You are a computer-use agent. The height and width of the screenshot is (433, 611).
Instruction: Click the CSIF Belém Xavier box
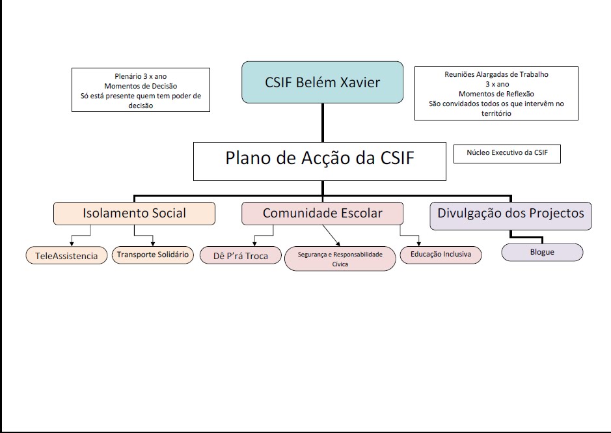pyautogui.click(x=322, y=82)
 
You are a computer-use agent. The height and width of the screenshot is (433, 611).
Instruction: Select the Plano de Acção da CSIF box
pyautogui.click(x=319, y=161)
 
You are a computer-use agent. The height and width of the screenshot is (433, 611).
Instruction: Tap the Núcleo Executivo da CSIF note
pyautogui.click(x=507, y=154)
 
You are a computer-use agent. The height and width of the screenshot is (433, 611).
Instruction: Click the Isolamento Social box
pyautogui.click(x=134, y=214)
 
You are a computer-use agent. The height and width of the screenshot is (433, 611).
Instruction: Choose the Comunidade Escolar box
pyautogui.click(x=322, y=214)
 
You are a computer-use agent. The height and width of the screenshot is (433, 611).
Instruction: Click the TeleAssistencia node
pyautogui.click(x=67, y=255)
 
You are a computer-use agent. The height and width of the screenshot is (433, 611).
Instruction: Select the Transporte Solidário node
pyautogui.click(x=153, y=255)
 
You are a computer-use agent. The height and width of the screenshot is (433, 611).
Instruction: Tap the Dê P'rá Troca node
pyautogui.click(x=240, y=255)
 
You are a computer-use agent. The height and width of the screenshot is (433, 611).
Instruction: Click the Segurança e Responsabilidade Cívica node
pyautogui.click(x=340, y=258)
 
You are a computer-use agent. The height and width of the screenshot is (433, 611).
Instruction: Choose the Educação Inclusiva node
pyautogui.click(x=441, y=255)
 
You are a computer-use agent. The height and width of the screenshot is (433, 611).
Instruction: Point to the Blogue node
pyautogui.click(x=542, y=252)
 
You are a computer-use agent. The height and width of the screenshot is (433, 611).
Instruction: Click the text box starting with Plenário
pyautogui.click(x=141, y=90)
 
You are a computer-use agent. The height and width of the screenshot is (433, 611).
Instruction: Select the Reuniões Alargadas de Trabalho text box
pyautogui.click(x=496, y=93)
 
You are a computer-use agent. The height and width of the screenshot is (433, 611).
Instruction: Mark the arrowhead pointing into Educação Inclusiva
pyautogui.click(x=419, y=243)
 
